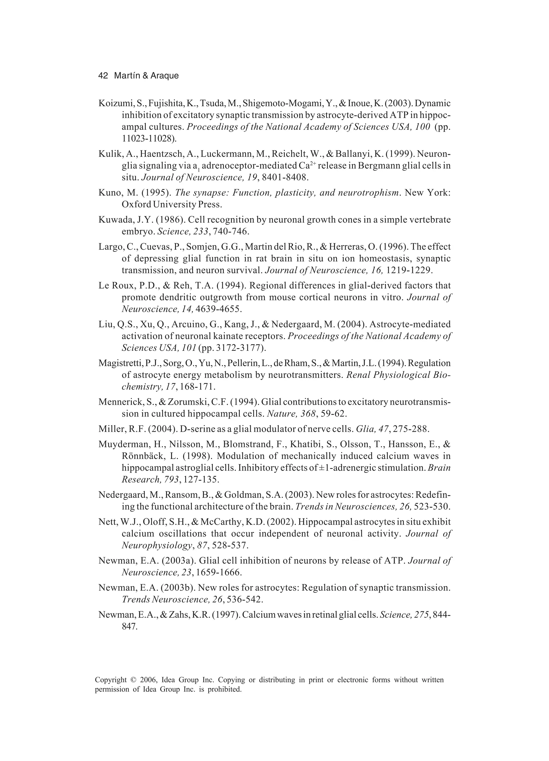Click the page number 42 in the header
pyautogui.click(x=103, y=76)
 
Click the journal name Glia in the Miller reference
pyautogui.click(x=363, y=429)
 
